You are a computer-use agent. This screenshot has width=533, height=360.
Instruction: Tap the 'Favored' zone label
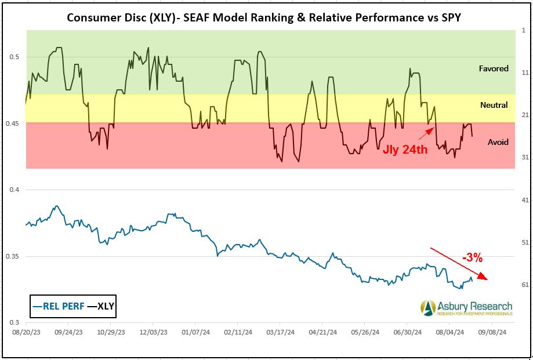494,68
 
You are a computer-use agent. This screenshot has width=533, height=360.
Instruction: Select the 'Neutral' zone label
494,105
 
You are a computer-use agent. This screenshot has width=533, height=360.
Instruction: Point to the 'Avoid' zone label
498,142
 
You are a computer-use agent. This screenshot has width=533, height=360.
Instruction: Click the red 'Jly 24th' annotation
405,150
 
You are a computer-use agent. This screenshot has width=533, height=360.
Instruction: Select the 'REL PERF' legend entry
57,305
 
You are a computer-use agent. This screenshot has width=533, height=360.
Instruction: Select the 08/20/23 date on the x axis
26,333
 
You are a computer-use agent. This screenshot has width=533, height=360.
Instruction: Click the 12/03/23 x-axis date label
153,333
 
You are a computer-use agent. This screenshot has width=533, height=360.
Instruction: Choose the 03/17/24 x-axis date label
280,333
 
